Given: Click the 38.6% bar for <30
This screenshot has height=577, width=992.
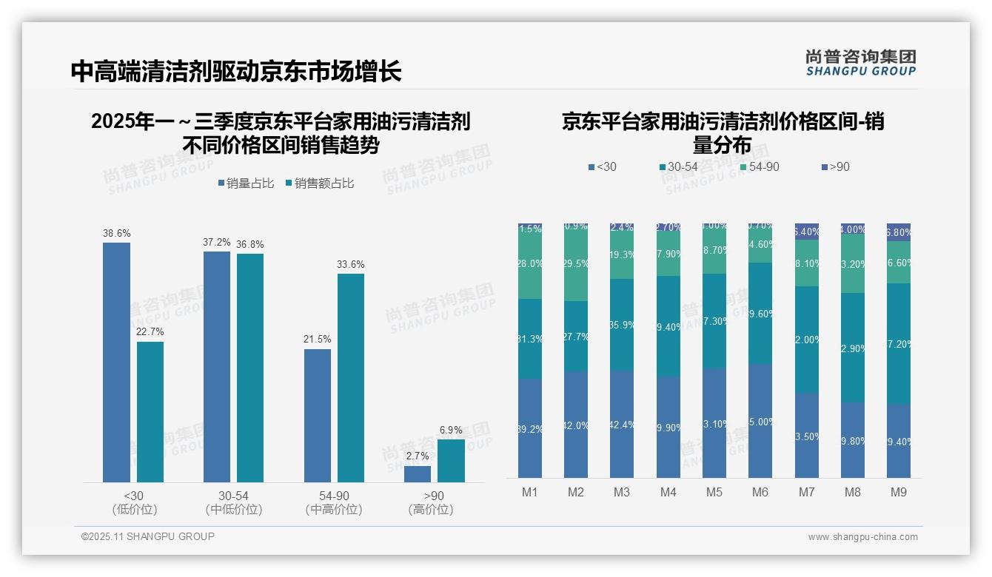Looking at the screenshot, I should [116, 362].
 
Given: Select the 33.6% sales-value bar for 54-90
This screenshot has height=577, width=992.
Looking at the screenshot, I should [351, 378].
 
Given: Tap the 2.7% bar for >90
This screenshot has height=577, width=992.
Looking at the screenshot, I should [418, 474].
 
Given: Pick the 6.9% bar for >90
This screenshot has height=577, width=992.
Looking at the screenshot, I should [451, 461].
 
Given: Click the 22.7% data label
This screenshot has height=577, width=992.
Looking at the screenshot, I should [150, 331].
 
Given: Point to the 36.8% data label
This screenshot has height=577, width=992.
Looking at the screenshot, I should [250, 244].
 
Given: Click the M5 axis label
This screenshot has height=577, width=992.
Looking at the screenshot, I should [714, 492].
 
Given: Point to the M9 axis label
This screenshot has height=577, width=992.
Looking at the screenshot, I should [898, 492].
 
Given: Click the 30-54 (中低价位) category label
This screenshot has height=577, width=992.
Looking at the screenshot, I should [234, 502].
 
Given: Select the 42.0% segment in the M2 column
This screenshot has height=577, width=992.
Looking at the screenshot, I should [576, 425].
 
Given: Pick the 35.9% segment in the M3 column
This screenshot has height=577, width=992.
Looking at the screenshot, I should [622, 325].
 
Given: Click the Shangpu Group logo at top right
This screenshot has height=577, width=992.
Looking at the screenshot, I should [861, 62].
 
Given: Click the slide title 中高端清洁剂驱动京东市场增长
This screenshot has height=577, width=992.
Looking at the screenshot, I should [237, 71].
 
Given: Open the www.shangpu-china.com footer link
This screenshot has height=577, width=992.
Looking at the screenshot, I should [862, 537].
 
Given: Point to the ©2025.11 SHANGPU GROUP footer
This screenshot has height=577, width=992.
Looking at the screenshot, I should [148, 537].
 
